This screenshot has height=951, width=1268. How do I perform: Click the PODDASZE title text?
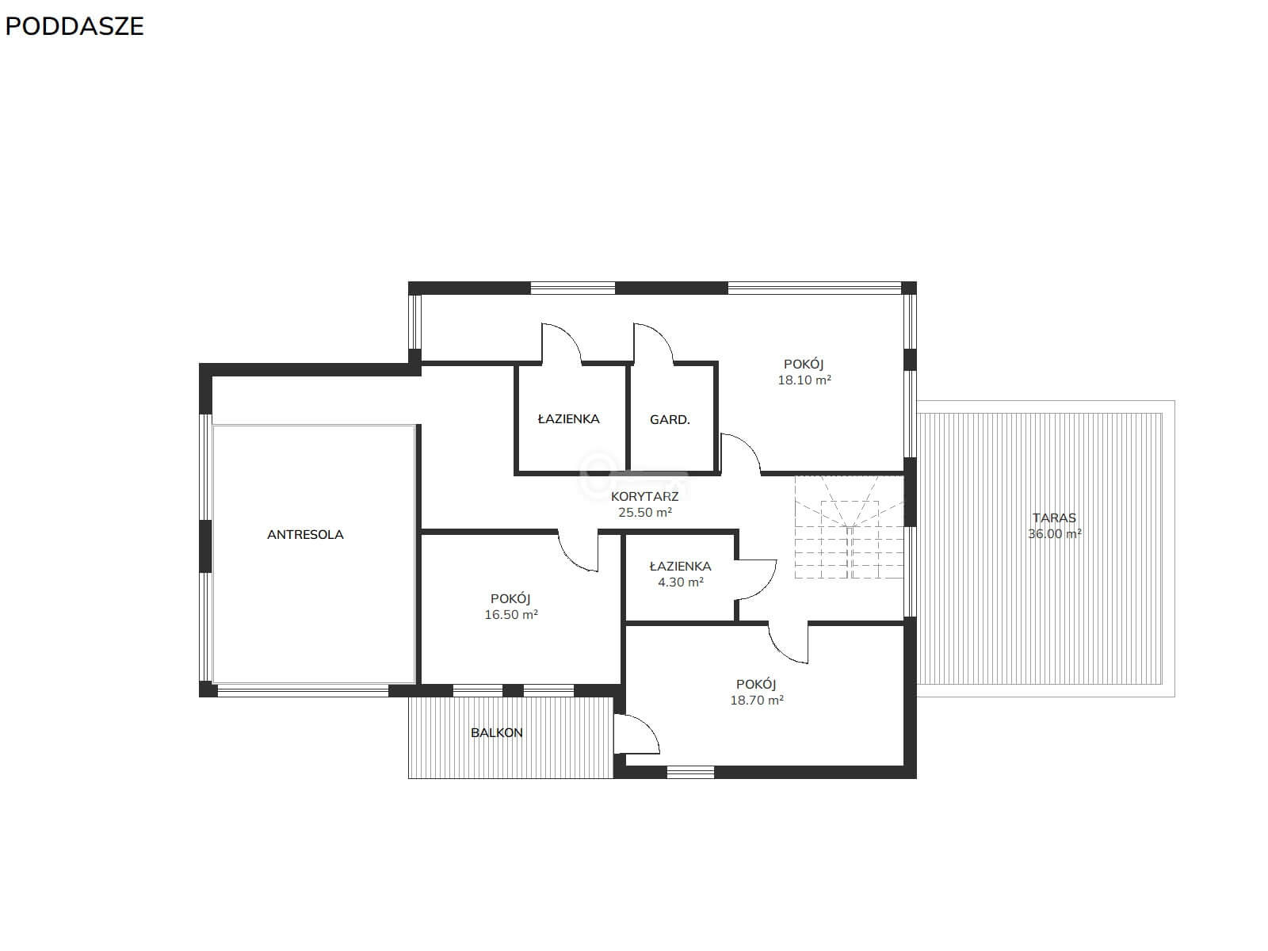[74, 27]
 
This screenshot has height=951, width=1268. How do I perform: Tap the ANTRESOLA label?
[305, 535]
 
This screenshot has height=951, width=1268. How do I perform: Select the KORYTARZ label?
[644, 496]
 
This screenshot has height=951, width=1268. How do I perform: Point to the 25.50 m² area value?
[644, 512]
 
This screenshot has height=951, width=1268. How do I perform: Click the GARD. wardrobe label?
[670, 420]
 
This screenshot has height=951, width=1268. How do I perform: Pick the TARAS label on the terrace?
[1054, 518]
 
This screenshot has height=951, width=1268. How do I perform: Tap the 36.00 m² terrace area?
[1054, 534]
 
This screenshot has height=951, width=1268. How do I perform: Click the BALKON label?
[496, 733]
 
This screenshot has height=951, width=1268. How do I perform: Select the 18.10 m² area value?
[804, 380]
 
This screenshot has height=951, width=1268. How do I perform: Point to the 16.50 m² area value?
[510, 615]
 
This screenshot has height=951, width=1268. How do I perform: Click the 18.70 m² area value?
[757, 701]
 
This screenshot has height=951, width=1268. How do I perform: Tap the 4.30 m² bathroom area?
[681, 582]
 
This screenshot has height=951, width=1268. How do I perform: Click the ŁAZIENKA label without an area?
[568, 419]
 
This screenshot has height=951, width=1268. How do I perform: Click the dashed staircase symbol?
[849, 526]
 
